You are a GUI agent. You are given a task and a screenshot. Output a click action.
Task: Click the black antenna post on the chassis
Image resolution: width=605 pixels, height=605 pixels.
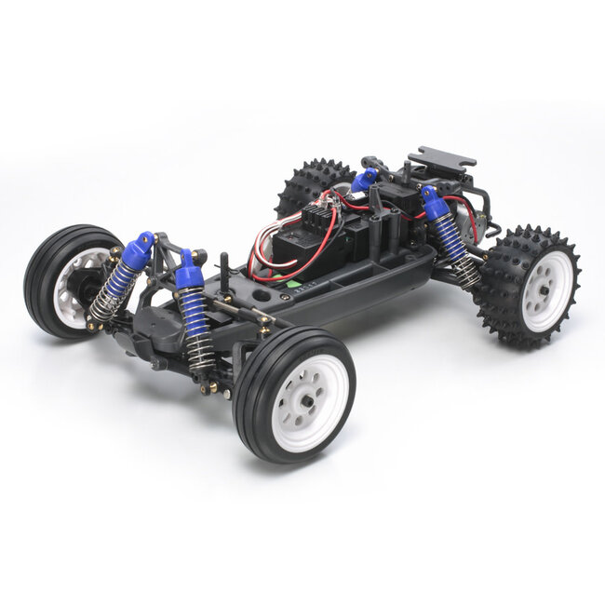pos(224,270)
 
